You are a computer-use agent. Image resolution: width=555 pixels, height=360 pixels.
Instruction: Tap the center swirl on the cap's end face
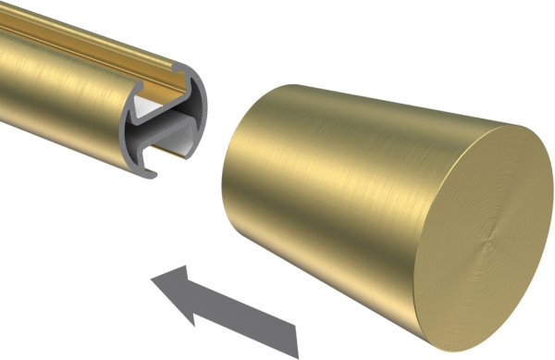pyautogui.click(x=487, y=242)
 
